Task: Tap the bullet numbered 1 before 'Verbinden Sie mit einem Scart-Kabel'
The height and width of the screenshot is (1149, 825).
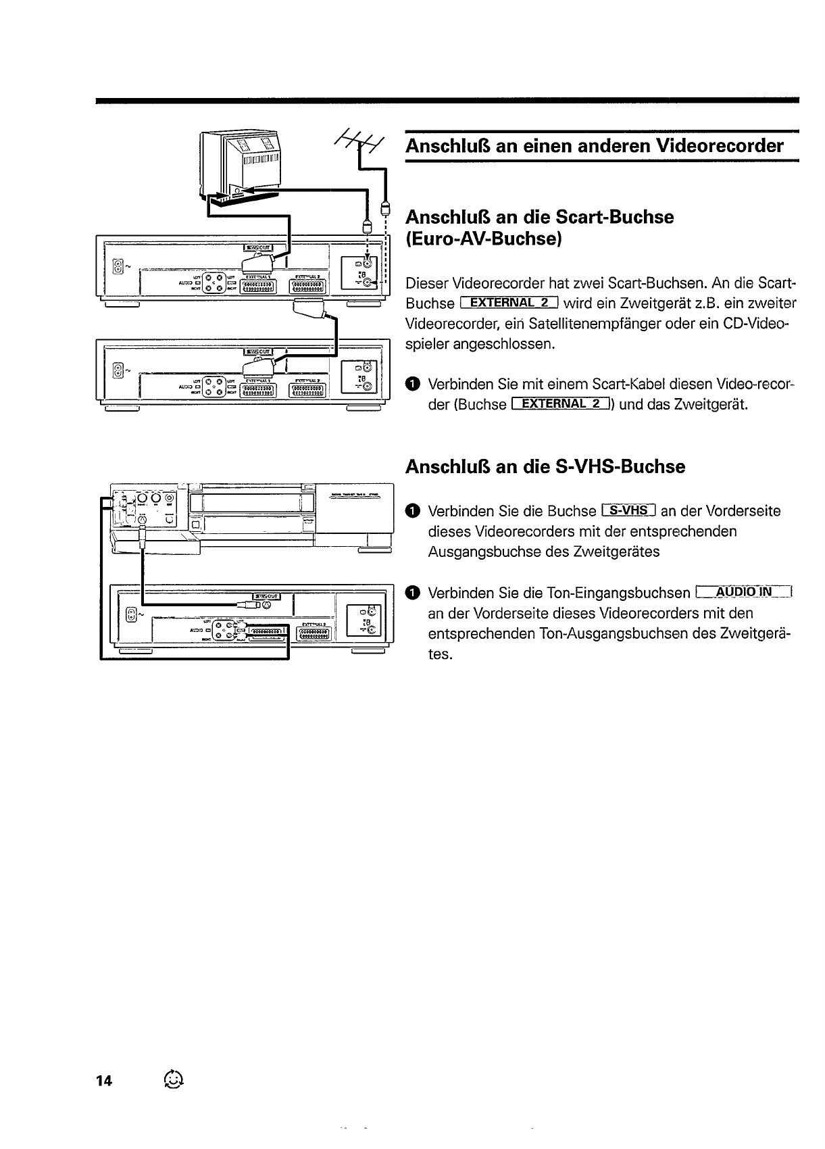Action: (x=413, y=385)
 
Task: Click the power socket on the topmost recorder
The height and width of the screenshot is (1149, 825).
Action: (x=118, y=268)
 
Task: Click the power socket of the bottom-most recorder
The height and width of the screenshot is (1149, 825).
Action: (x=132, y=614)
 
